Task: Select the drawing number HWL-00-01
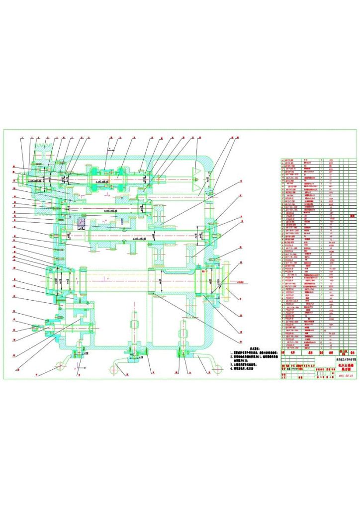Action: pyautogui.click(x=345, y=375)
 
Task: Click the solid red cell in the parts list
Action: pyautogui.click(x=352, y=216)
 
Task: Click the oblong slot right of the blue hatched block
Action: pyautogui.click(x=121, y=222)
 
